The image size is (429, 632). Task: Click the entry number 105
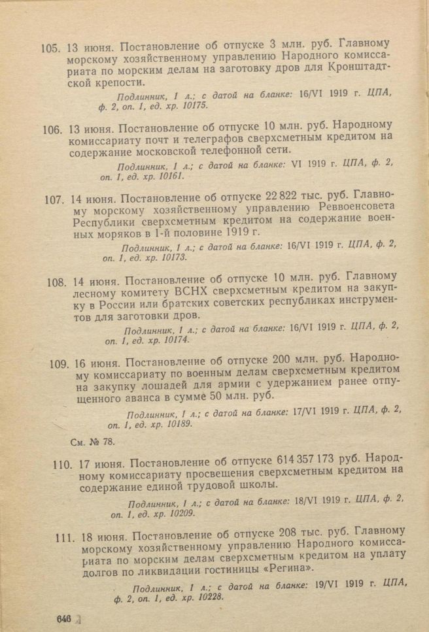pyautogui.click(x=50, y=48)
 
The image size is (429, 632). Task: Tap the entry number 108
pyautogui.click(x=58, y=283)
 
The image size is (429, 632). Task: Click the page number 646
pyautogui.click(x=63, y=618)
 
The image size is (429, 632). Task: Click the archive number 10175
pyautogui.click(x=193, y=105)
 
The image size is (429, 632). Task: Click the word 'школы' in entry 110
pyautogui.click(x=261, y=486)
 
